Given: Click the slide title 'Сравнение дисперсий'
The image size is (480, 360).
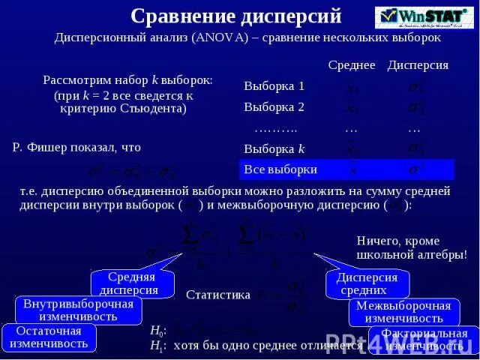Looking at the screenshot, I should pyautogui.click(x=235, y=16).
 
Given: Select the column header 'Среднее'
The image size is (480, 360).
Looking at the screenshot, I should pyautogui.click(x=351, y=65).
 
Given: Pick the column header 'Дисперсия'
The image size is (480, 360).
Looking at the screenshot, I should pyautogui.click(x=418, y=65).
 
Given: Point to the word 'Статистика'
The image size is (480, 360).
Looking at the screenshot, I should pyautogui.click(x=217, y=295).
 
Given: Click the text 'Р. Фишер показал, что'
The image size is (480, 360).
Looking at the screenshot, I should pyautogui.click(x=76, y=148).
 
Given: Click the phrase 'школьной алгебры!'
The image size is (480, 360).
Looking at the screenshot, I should pyautogui.click(x=412, y=254).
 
